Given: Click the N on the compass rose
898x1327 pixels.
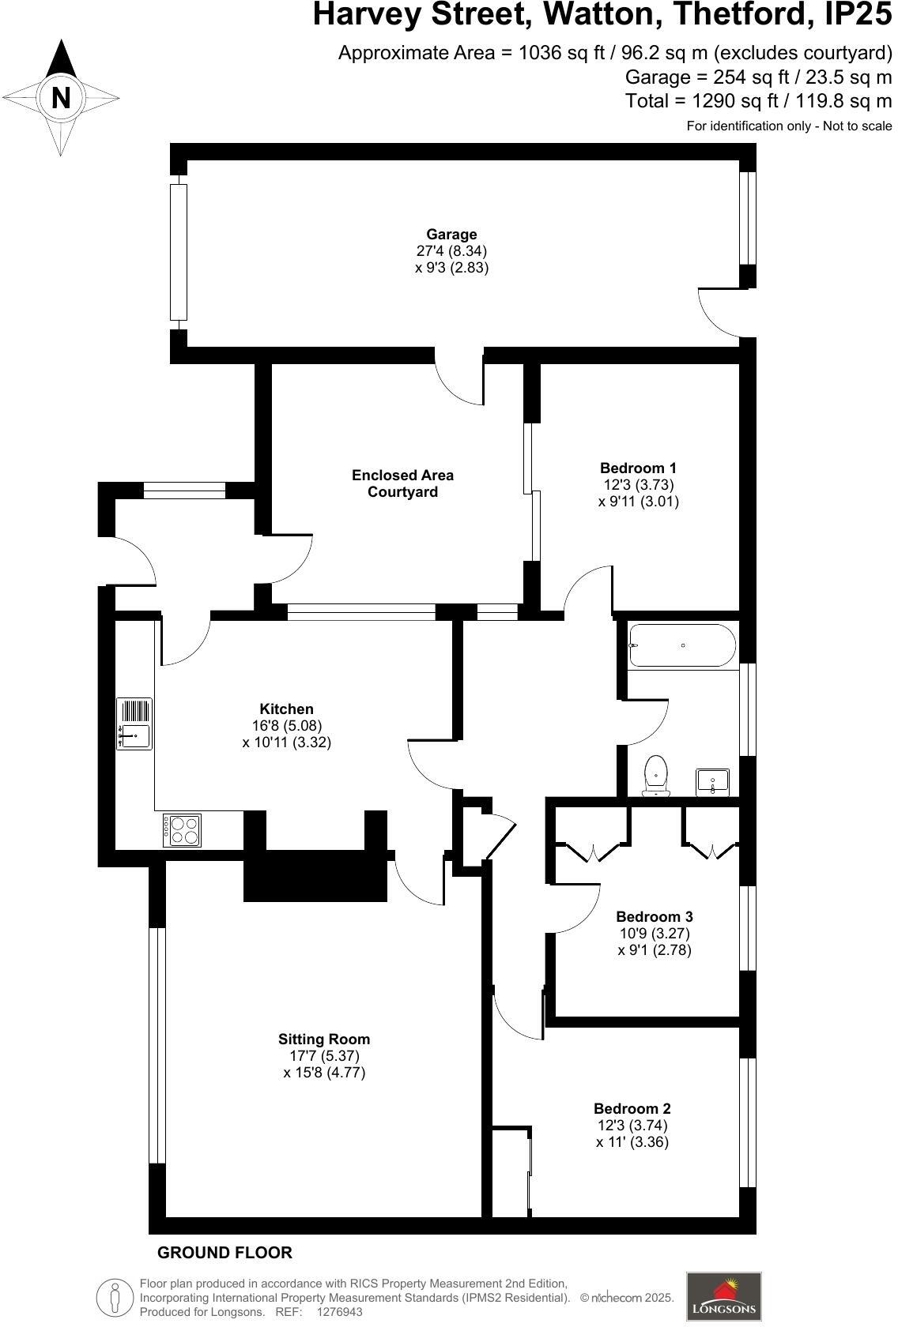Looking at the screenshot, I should click(x=61, y=98).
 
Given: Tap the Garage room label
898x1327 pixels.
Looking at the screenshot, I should click(x=451, y=235).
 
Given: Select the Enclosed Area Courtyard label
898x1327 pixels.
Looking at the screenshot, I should click(x=402, y=483).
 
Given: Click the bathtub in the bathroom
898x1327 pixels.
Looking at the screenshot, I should click(x=682, y=645).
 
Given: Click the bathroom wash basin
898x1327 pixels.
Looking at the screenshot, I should click(x=712, y=781).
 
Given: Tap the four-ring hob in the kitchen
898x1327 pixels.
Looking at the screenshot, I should click(x=183, y=830).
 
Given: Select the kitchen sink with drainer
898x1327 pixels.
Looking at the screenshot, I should click(x=134, y=724).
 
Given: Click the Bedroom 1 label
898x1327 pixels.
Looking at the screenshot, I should click(x=638, y=468).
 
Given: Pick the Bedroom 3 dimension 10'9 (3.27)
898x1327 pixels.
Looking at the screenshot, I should click(x=655, y=933).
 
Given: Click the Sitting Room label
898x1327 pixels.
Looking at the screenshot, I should click(x=324, y=1039).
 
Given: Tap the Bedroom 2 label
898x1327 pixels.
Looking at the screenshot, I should click(x=632, y=1109).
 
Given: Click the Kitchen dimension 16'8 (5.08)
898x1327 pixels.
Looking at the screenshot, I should click(x=287, y=726).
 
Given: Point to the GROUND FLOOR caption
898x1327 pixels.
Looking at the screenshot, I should click(x=224, y=1253).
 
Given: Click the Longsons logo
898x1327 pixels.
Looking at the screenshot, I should click(x=724, y=1296).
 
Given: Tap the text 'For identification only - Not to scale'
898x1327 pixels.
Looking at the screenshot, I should click(x=789, y=126).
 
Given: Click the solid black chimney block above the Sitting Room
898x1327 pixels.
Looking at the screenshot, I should click(x=315, y=877).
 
